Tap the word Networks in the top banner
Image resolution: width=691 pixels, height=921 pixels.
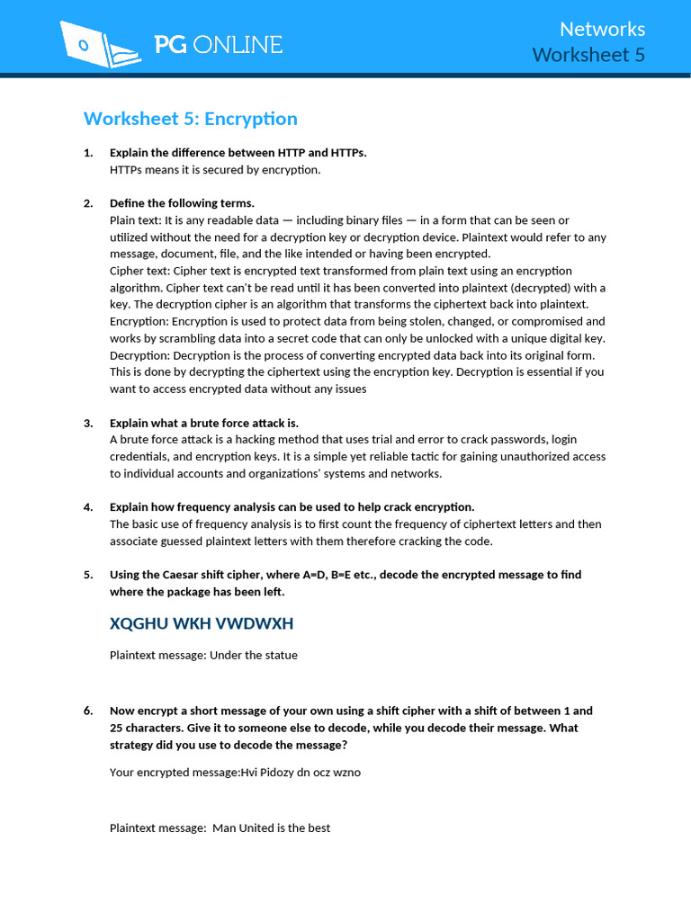(x=602, y=29)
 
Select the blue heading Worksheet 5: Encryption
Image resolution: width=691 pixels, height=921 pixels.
(x=190, y=119)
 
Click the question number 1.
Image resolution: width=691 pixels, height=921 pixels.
(x=88, y=153)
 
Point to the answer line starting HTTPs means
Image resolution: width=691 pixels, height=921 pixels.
(x=214, y=169)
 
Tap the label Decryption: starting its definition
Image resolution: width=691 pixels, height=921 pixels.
(x=139, y=355)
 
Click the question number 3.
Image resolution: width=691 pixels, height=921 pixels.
(x=88, y=423)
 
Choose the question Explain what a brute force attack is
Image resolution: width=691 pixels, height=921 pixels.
(x=203, y=423)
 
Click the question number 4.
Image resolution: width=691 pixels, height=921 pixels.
(x=88, y=507)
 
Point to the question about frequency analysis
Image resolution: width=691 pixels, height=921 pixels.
(x=292, y=507)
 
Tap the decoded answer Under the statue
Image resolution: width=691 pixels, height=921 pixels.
(x=253, y=656)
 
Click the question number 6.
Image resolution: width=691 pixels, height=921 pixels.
(x=88, y=711)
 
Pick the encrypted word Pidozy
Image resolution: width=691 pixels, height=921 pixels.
(x=281, y=772)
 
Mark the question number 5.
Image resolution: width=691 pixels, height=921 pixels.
(x=88, y=575)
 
